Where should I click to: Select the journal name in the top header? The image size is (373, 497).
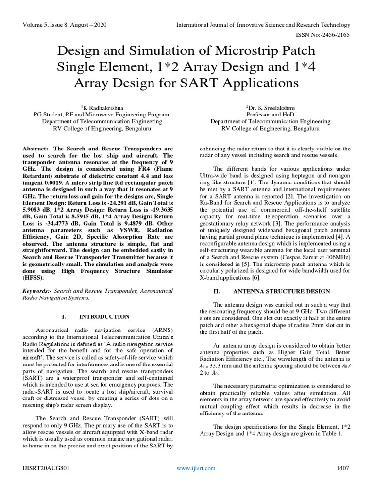pyautogui.click(x=263, y=24)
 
